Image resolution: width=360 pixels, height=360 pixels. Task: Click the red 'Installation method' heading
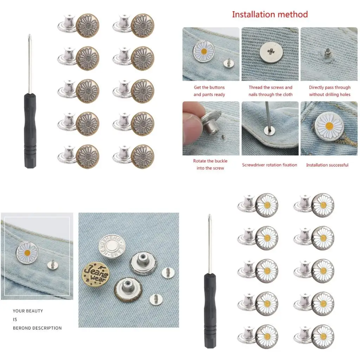270,14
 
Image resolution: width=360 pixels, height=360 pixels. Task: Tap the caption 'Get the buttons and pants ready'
209,91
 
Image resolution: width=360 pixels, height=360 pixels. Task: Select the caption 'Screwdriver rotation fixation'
270,165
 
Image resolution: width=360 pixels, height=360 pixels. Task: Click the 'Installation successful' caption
327,165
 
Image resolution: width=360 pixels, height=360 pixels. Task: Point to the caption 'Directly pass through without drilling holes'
329,91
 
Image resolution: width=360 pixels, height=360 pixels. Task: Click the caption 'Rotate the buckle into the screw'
210,165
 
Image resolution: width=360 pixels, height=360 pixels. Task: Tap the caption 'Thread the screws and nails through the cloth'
270,91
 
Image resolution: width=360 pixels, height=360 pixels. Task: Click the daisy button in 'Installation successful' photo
329,125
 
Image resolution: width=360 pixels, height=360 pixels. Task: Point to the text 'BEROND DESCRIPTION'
37,328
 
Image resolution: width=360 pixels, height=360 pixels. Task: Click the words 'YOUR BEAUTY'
28,311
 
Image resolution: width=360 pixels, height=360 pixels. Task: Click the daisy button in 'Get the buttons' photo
204,51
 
